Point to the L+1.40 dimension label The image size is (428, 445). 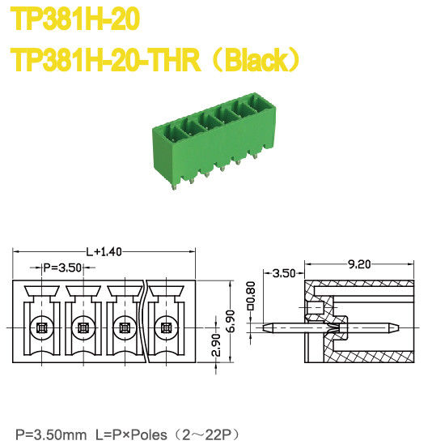104,251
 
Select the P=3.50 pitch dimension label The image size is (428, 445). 61,267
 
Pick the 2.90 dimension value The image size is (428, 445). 214,345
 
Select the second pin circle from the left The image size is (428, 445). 82,328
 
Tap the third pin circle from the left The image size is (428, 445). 125,328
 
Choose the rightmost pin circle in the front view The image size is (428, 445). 167,328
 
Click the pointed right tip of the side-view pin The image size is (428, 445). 396,329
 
